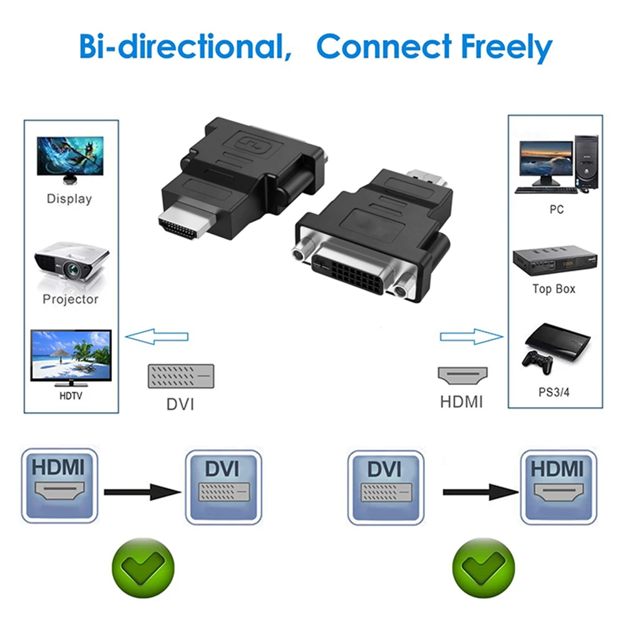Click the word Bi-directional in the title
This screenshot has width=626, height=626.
pos(182,47)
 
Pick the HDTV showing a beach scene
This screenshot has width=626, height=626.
pos(71,356)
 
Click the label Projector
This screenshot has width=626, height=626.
pos(71,299)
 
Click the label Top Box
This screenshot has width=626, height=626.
pos(554,289)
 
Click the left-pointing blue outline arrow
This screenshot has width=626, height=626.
pos(156,337)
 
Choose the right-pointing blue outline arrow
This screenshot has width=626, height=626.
pos(471,337)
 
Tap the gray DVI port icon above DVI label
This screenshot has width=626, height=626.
pos(180,376)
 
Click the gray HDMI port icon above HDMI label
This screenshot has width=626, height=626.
pos(461,376)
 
